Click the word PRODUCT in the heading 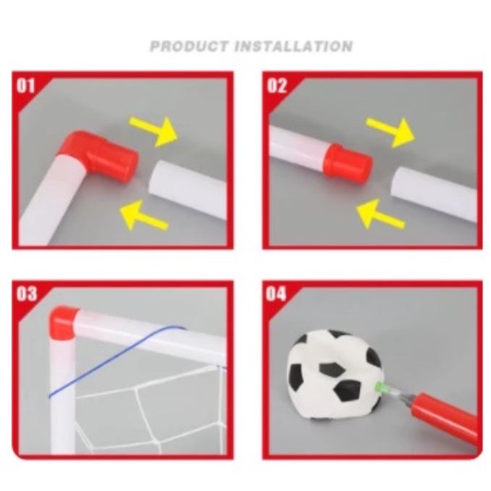[189, 46]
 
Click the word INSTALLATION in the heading [294, 46]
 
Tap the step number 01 [25, 85]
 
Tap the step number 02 [277, 85]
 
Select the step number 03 [26, 294]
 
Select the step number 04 [276, 294]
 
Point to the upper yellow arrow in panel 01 [154, 131]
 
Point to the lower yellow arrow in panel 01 [143, 215]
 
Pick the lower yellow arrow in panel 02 [380, 214]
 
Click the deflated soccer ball [335, 374]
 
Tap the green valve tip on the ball [379, 386]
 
